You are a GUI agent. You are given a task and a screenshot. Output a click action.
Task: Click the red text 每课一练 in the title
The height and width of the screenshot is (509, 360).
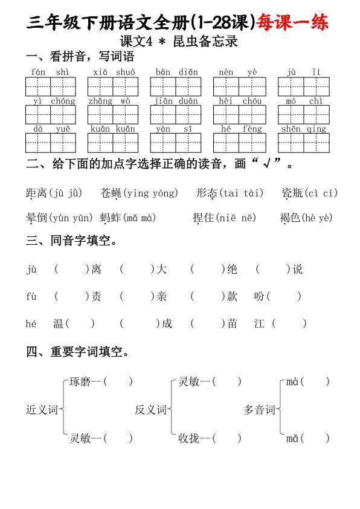[293, 23]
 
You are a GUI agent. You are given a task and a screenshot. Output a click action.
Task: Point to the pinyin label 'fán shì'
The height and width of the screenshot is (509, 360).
[50, 72]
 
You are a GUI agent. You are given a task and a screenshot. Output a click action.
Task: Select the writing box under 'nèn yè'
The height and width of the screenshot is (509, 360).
[238, 87]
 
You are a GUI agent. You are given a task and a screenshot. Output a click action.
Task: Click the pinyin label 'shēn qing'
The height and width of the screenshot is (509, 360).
[303, 128]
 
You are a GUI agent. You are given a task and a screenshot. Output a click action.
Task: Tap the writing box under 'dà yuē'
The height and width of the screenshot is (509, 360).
[50, 143]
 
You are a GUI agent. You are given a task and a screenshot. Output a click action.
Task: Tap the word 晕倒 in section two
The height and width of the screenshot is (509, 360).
[36, 218]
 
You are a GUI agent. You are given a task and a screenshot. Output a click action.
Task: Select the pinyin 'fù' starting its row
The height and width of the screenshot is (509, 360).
[32, 296]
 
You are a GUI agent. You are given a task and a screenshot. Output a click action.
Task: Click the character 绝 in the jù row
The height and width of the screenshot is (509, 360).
[232, 270]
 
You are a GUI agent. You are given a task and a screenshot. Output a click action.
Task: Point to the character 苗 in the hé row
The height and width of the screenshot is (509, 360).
[232, 323]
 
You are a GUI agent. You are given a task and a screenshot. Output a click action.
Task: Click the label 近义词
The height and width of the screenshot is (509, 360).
[41, 410]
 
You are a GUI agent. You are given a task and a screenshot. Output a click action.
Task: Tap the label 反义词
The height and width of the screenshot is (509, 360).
[150, 410]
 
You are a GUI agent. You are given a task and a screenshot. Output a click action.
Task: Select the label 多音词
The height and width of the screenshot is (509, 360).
[259, 410]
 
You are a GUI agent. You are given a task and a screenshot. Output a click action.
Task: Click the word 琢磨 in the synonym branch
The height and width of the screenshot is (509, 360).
[80, 381]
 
